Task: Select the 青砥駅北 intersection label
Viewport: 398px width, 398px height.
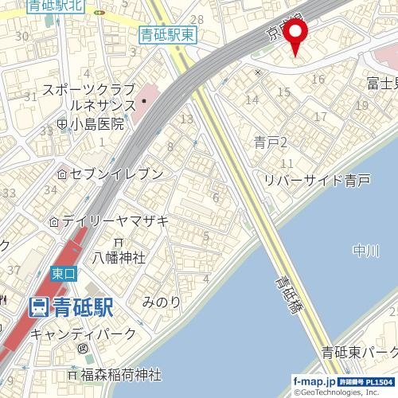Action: pos(55,6)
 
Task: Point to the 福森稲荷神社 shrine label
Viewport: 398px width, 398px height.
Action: pos(120,373)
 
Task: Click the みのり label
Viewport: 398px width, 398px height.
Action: pos(162,302)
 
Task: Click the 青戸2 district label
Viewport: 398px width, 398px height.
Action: pos(271,142)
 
